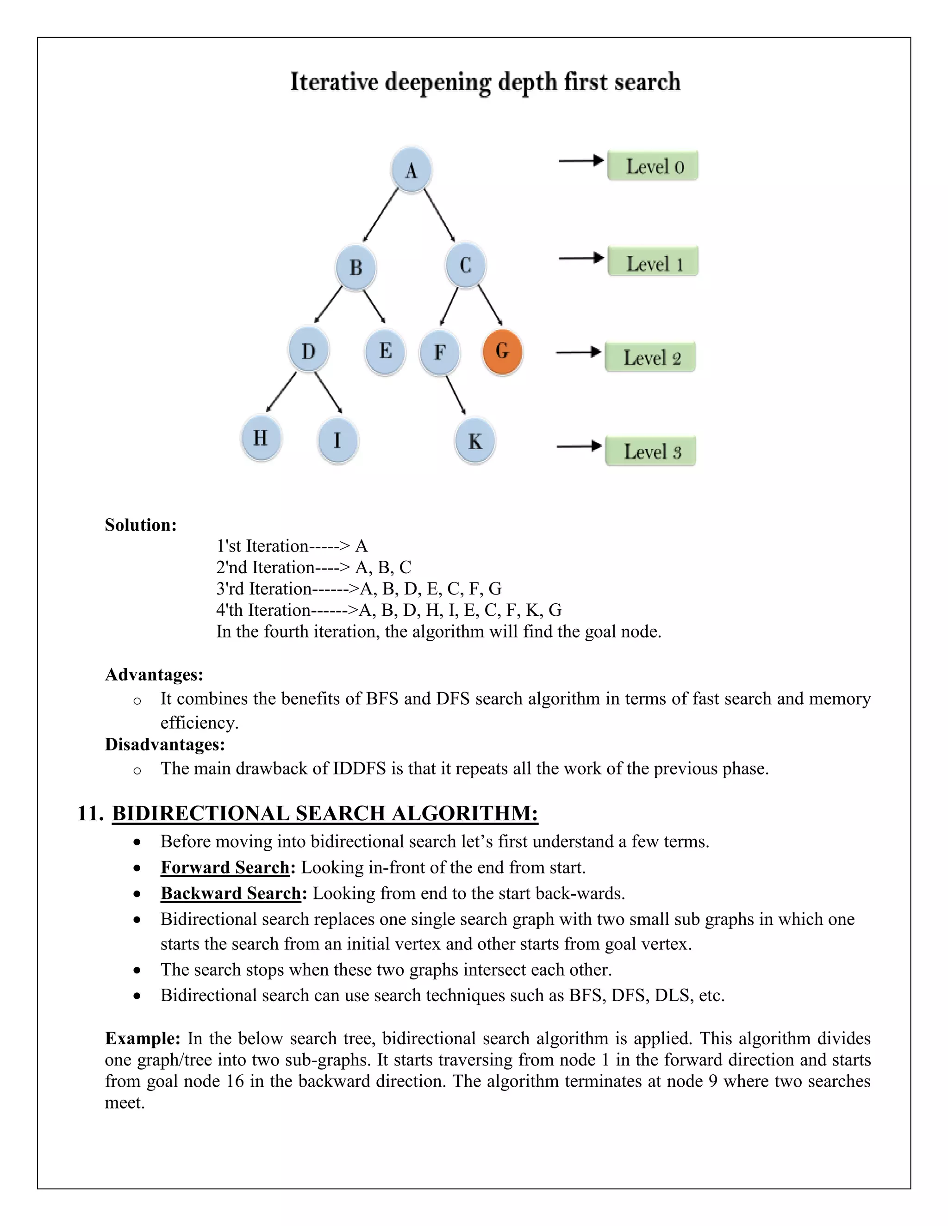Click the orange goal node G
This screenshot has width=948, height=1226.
[502, 352]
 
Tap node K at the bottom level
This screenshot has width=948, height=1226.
[475, 440]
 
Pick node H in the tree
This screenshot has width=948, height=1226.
[261, 438]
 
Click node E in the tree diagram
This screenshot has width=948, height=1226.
[385, 352]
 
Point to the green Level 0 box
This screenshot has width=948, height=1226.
[653, 166]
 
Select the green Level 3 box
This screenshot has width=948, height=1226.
[650, 451]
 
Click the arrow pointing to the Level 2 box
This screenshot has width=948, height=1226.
[579, 353]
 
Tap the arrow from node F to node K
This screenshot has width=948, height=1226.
[456, 395]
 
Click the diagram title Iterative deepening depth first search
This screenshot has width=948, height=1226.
[485, 82]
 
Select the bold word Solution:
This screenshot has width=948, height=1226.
[140, 525]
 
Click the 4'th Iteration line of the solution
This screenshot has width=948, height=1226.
[389, 610]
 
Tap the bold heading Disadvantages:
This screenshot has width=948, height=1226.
[164, 744]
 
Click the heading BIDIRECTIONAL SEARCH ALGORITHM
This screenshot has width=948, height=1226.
[324, 813]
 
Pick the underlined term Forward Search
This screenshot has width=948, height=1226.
[225, 867]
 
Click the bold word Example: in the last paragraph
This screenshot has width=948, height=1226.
[142, 1039]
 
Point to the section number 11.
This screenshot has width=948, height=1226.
[90, 813]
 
